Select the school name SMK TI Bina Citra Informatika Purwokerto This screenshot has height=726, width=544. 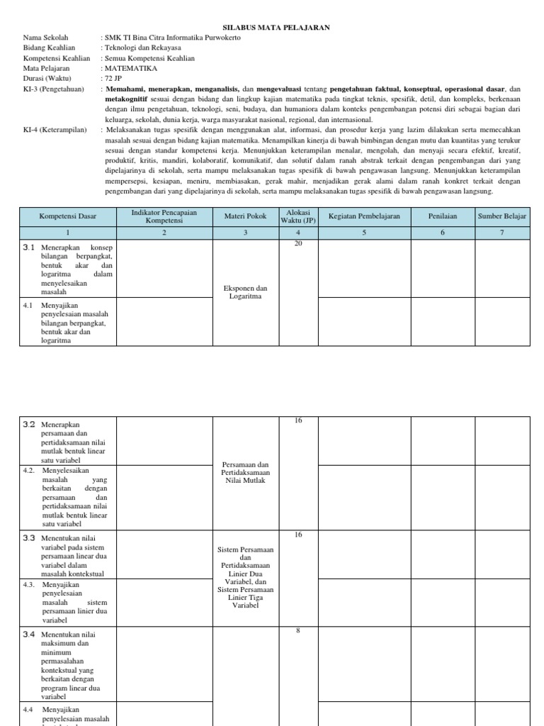click(x=172, y=38)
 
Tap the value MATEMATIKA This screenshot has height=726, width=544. click(x=131, y=69)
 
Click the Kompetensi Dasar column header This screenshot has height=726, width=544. click(x=68, y=216)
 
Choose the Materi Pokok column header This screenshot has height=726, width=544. click(x=246, y=216)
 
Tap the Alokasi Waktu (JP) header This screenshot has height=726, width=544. click(x=298, y=216)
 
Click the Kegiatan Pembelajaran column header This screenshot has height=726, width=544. click(x=364, y=216)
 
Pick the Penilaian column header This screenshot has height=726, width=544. click(x=442, y=216)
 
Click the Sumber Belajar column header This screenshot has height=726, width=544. click(x=501, y=216)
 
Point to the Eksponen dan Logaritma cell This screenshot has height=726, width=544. click(x=246, y=292)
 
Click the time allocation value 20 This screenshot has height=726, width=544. click(x=298, y=244)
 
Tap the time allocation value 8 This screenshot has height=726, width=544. click(x=298, y=631)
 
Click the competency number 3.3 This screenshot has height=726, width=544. click(x=29, y=538)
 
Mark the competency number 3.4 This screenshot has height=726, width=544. click(x=29, y=635)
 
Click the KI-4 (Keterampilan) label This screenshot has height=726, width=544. click(x=55, y=130)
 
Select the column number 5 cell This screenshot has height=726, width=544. click(x=364, y=232)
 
